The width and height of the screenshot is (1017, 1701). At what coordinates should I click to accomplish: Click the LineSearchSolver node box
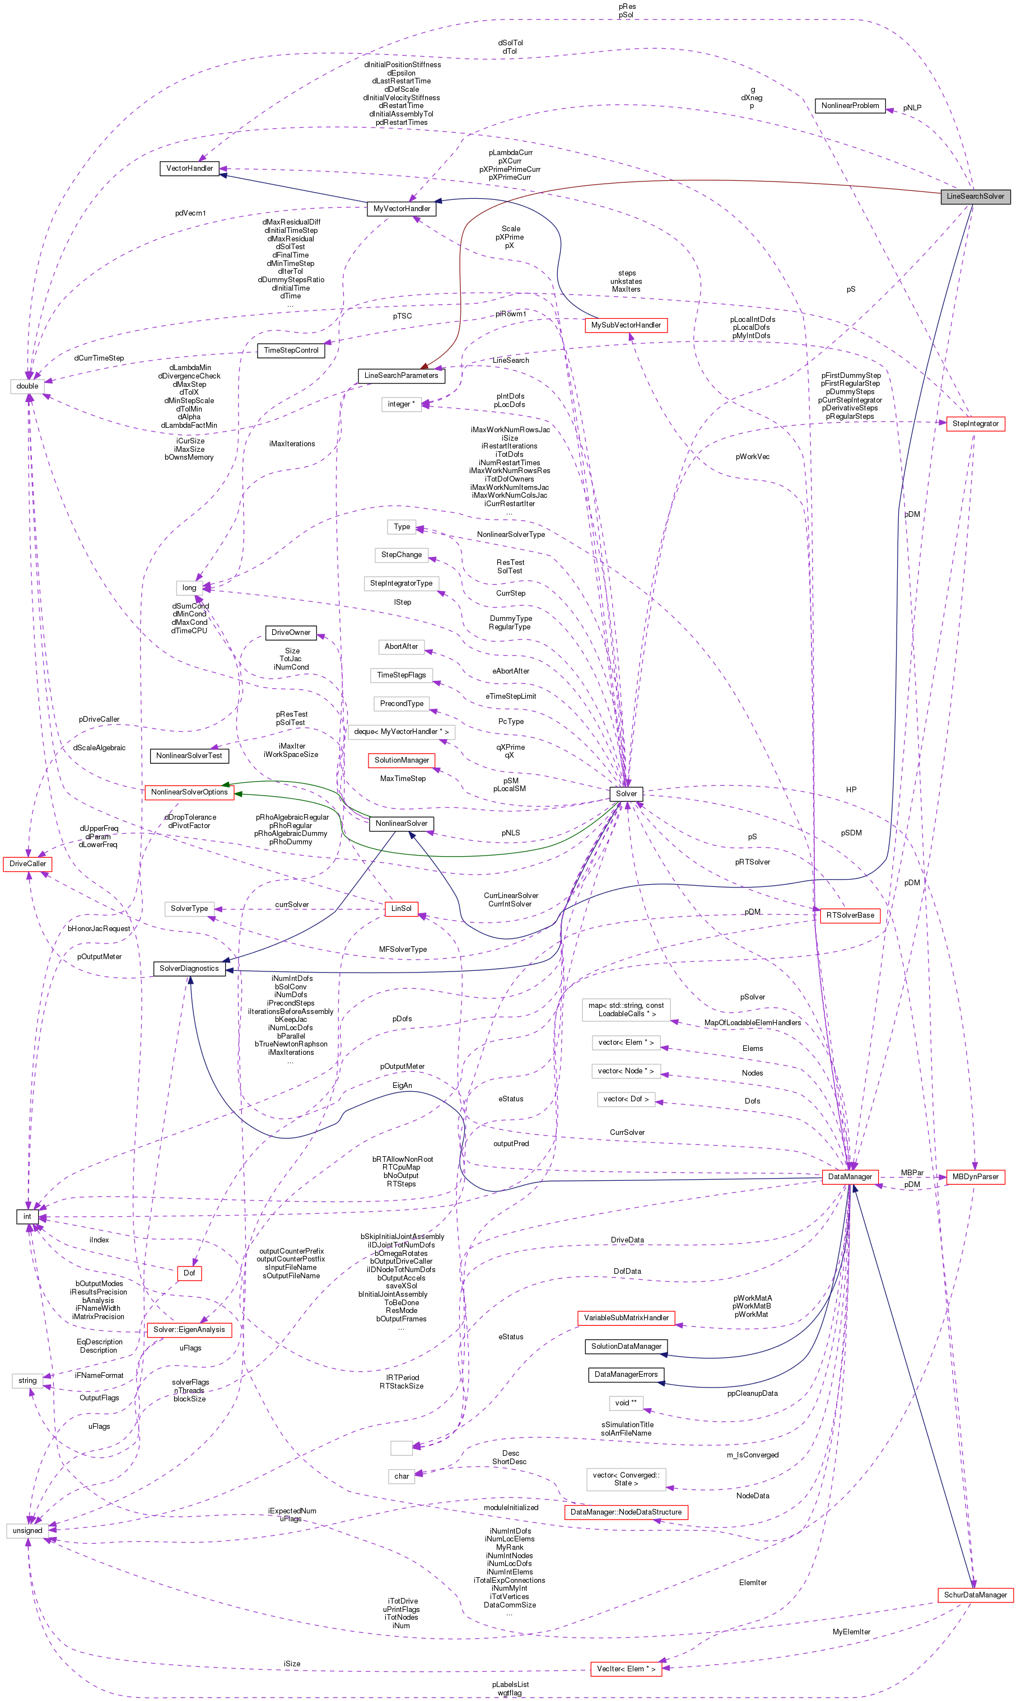point(974,196)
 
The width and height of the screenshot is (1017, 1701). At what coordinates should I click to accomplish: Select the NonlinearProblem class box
point(849,105)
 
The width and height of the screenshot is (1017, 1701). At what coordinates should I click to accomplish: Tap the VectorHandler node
point(189,168)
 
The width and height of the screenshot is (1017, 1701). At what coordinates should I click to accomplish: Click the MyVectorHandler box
point(402,208)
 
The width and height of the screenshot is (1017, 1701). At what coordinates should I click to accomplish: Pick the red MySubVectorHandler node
point(625,325)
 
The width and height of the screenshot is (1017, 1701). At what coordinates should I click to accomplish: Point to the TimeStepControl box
point(291,350)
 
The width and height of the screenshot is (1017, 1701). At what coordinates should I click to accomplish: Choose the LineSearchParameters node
point(401,375)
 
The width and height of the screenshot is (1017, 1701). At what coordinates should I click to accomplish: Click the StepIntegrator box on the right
point(974,423)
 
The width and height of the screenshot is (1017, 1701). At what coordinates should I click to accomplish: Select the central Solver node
point(626,793)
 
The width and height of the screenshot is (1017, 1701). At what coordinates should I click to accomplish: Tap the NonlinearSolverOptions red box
point(189,792)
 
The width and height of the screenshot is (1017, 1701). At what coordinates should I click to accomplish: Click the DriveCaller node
point(28,863)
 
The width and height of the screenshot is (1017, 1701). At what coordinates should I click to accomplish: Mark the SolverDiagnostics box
point(189,968)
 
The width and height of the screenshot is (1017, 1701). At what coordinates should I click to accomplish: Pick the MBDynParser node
point(974,1176)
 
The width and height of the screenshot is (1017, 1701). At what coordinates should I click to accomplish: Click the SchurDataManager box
point(974,1594)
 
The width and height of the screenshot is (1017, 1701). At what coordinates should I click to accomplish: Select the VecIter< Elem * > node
point(625,1668)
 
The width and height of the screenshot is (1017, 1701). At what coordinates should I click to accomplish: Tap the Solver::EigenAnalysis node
point(189,1329)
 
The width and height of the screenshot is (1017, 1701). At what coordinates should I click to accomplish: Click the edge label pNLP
point(912,108)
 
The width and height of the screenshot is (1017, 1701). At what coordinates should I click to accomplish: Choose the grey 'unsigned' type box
point(27,1530)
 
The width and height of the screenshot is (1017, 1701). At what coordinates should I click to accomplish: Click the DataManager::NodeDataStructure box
point(625,1511)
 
